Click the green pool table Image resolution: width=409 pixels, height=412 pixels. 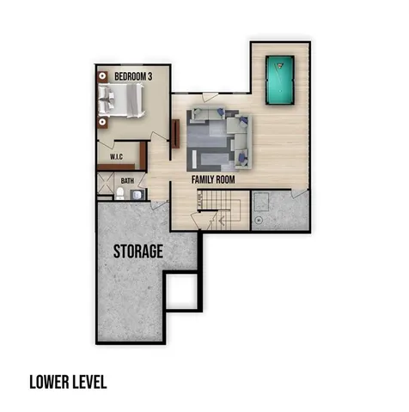pos(279,78)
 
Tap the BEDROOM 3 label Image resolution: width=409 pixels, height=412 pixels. pos(132,76)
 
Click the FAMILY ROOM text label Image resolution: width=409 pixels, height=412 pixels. pos(213,179)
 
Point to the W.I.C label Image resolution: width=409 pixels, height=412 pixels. pos(118,158)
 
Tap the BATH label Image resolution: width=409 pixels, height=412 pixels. pos(127,181)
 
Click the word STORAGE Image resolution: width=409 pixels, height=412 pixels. pos(137,251)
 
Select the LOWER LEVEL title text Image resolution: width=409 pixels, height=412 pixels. pos(68,380)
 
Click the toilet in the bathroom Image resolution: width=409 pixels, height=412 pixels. pos(121,195)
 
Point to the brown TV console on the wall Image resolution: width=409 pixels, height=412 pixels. pos(175,134)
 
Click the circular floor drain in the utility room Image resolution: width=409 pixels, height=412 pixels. pos(257,219)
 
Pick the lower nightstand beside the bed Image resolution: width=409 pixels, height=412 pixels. pos(106,123)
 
